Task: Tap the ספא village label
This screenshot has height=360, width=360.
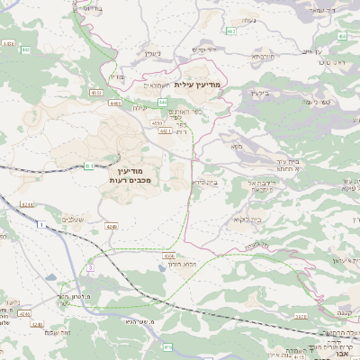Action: click(237, 146)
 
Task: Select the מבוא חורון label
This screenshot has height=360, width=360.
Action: click(177, 265)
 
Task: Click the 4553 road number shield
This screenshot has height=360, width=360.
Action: click(95, 93)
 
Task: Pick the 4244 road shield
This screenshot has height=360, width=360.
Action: click(27, 204)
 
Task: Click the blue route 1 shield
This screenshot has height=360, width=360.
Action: click(41, 223)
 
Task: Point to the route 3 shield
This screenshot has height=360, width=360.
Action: click(91, 268)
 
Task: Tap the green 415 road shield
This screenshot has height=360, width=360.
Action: click(168, 346)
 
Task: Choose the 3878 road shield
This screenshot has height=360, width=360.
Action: click(301, 318)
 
